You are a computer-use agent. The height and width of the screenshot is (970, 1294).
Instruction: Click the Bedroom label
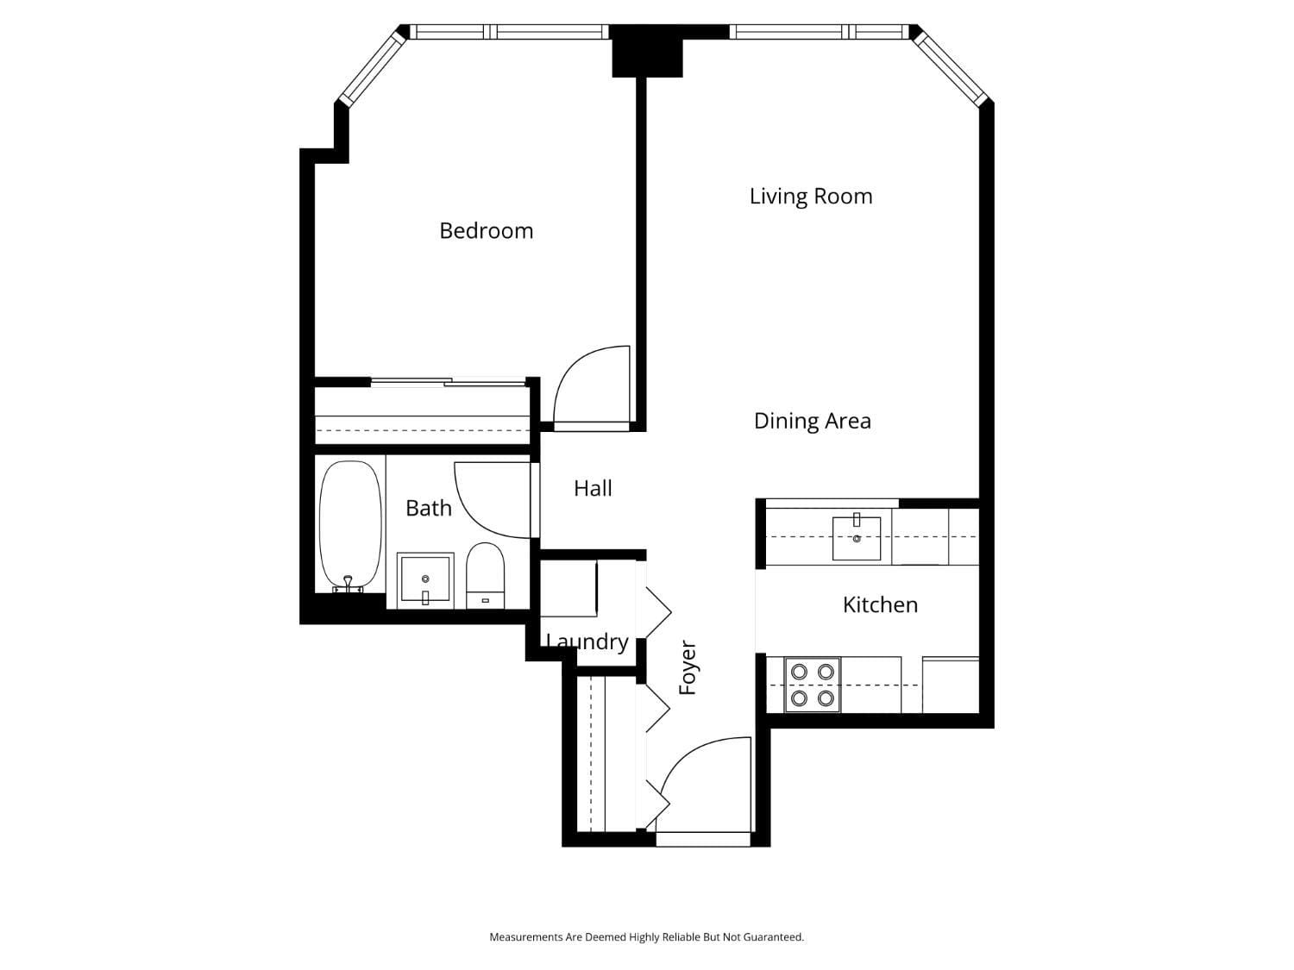pyautogui.click(x=486, y=231)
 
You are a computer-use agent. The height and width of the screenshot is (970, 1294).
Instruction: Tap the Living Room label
pyautogui.click(x=810, y=197)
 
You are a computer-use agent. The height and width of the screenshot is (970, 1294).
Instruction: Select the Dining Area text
pyautogui.click(x=812, y=421)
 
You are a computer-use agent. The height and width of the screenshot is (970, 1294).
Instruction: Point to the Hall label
pyautogui.click(x=593, y=489)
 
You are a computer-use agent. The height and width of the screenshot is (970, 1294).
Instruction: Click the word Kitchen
pyautogui.click(x=880, y=605)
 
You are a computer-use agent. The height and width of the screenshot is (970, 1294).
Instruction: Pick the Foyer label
pyautogui.click(x=688, y=667)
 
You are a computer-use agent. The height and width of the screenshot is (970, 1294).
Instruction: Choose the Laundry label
pyautogui.click(x=587, y=642)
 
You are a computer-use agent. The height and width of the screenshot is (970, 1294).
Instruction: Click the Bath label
pyautogui.click(x=429, y=509)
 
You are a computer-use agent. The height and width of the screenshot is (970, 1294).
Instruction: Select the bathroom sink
pyautogui.click(x=425, y=580)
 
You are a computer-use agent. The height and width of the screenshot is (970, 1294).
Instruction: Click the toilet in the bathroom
pyautogui.click(x=485, y=574)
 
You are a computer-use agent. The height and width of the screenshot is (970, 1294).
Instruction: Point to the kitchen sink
pyautogui.click(x=857, y=538)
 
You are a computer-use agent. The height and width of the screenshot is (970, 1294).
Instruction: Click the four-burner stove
pyautogui.click(x=813, y=685)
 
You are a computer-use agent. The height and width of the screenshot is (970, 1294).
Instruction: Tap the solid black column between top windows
pyautogui.click(x=647, y=52)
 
